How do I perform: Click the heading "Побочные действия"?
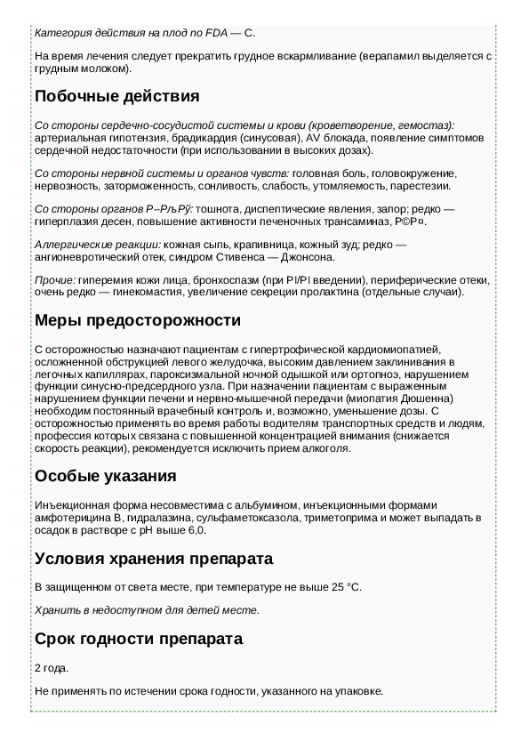116,96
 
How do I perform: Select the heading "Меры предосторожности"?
138,319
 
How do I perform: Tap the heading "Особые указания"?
105,475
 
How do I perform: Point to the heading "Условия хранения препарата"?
154,559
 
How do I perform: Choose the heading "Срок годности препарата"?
139,639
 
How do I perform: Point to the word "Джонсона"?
310,257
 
